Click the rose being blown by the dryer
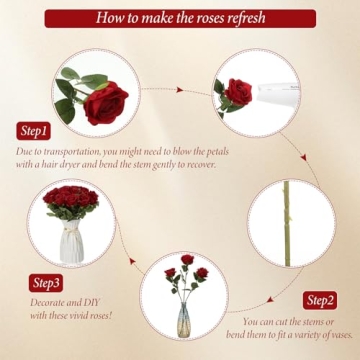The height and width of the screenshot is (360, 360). [x=237, y=92]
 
